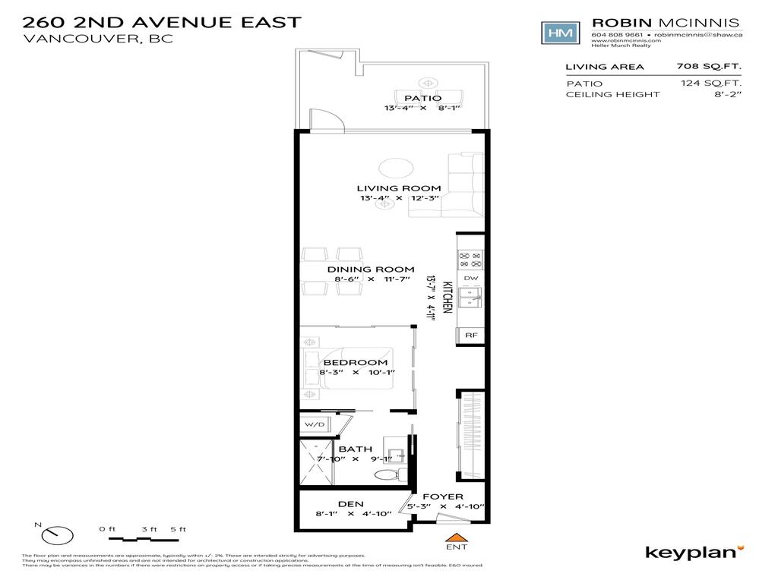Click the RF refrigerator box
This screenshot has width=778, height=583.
[x=470, y=335]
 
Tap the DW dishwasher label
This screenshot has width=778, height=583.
[x=470, y=279]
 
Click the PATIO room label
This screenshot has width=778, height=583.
[x=422, y=98]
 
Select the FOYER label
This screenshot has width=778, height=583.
[x=443, y=497]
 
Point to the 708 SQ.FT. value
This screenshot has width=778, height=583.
[x=709, y=67]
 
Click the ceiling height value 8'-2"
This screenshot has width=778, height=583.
[x=727, y=94]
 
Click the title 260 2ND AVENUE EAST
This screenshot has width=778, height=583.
[x=162, y=22]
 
